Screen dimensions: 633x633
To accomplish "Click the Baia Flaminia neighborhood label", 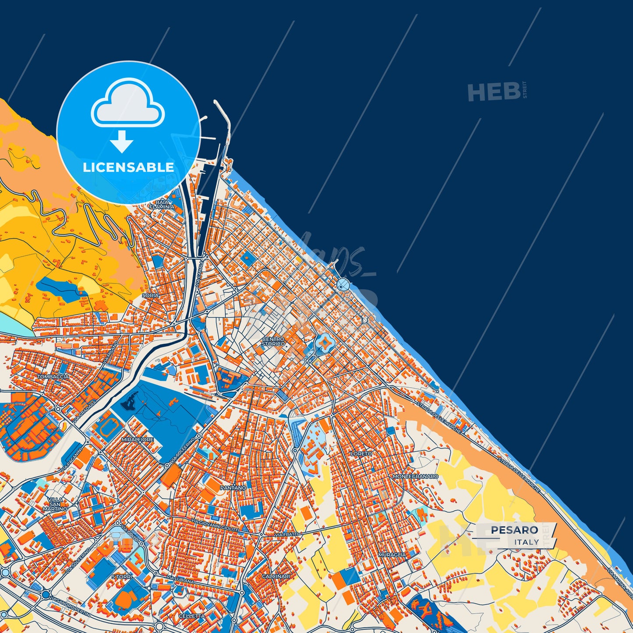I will point(162,204).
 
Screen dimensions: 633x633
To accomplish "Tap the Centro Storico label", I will point(273,341).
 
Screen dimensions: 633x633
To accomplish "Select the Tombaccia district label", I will point(53,376).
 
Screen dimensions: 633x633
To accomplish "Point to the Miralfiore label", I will point(138,439).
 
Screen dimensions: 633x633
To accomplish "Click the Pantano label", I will point(233,488).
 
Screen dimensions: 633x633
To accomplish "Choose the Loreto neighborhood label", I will point(361,454).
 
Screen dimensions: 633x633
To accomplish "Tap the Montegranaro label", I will point(415,476).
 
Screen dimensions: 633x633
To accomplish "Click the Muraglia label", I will point(392,555).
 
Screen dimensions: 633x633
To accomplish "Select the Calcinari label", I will point(276,576).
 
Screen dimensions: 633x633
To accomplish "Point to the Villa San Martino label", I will point(56,504).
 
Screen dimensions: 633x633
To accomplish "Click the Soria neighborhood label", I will point(151,296).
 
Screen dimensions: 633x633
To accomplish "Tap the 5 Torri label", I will point(122,577).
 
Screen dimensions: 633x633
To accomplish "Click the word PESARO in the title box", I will point(514,530).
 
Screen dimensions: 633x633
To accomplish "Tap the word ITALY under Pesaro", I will point(527,542).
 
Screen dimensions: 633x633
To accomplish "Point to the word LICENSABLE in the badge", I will point(128,167).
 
